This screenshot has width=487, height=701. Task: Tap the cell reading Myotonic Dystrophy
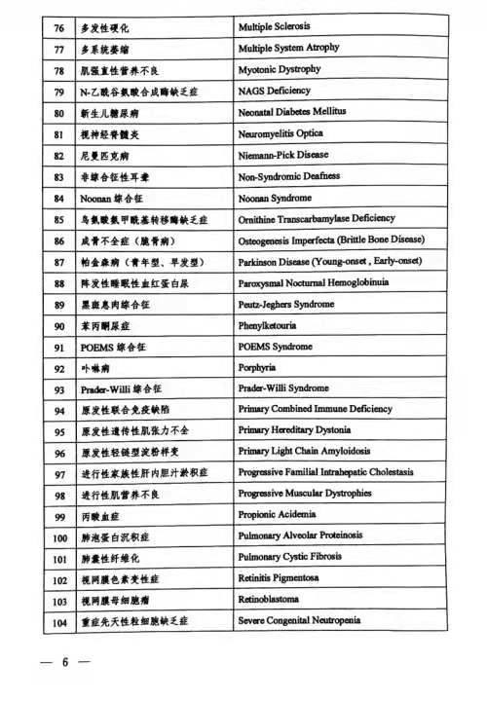point(279,69)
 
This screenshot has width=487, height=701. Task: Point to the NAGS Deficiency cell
point(274,91)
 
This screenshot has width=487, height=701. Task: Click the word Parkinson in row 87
point(260,261)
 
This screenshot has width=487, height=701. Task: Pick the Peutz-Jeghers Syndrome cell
point(288,304)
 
